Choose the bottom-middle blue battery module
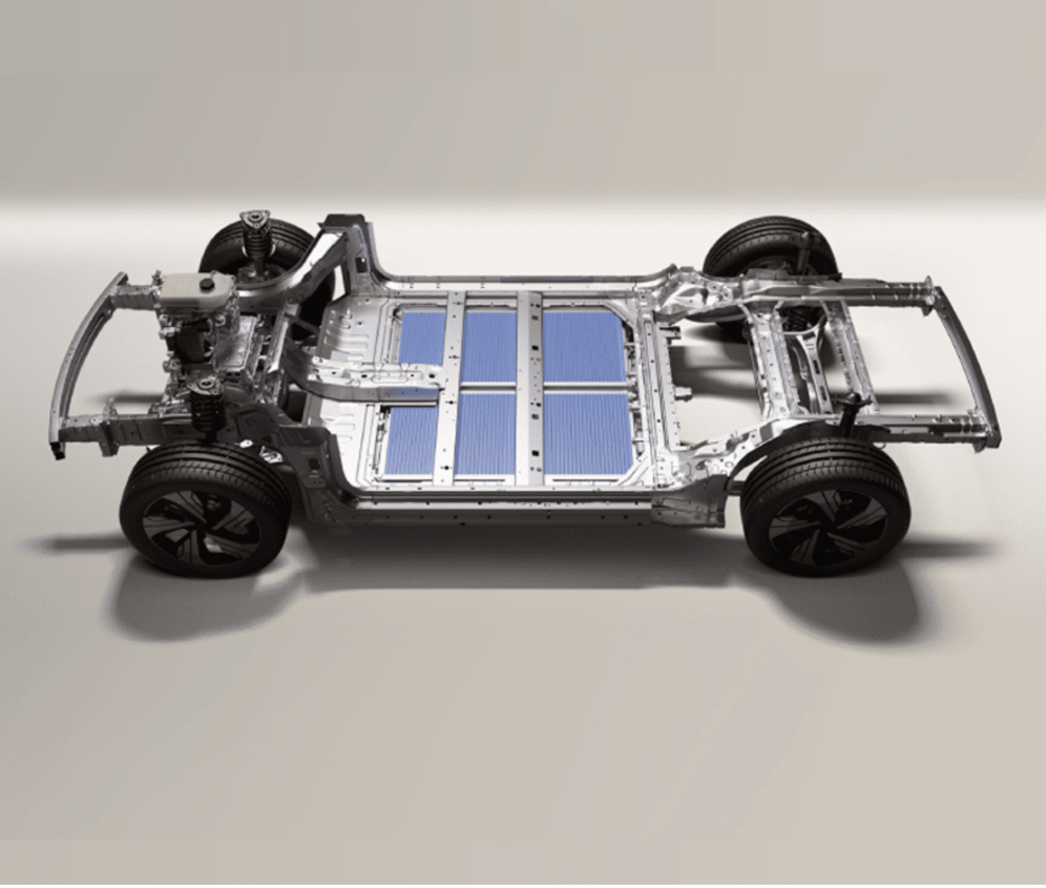coord(486,433)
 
